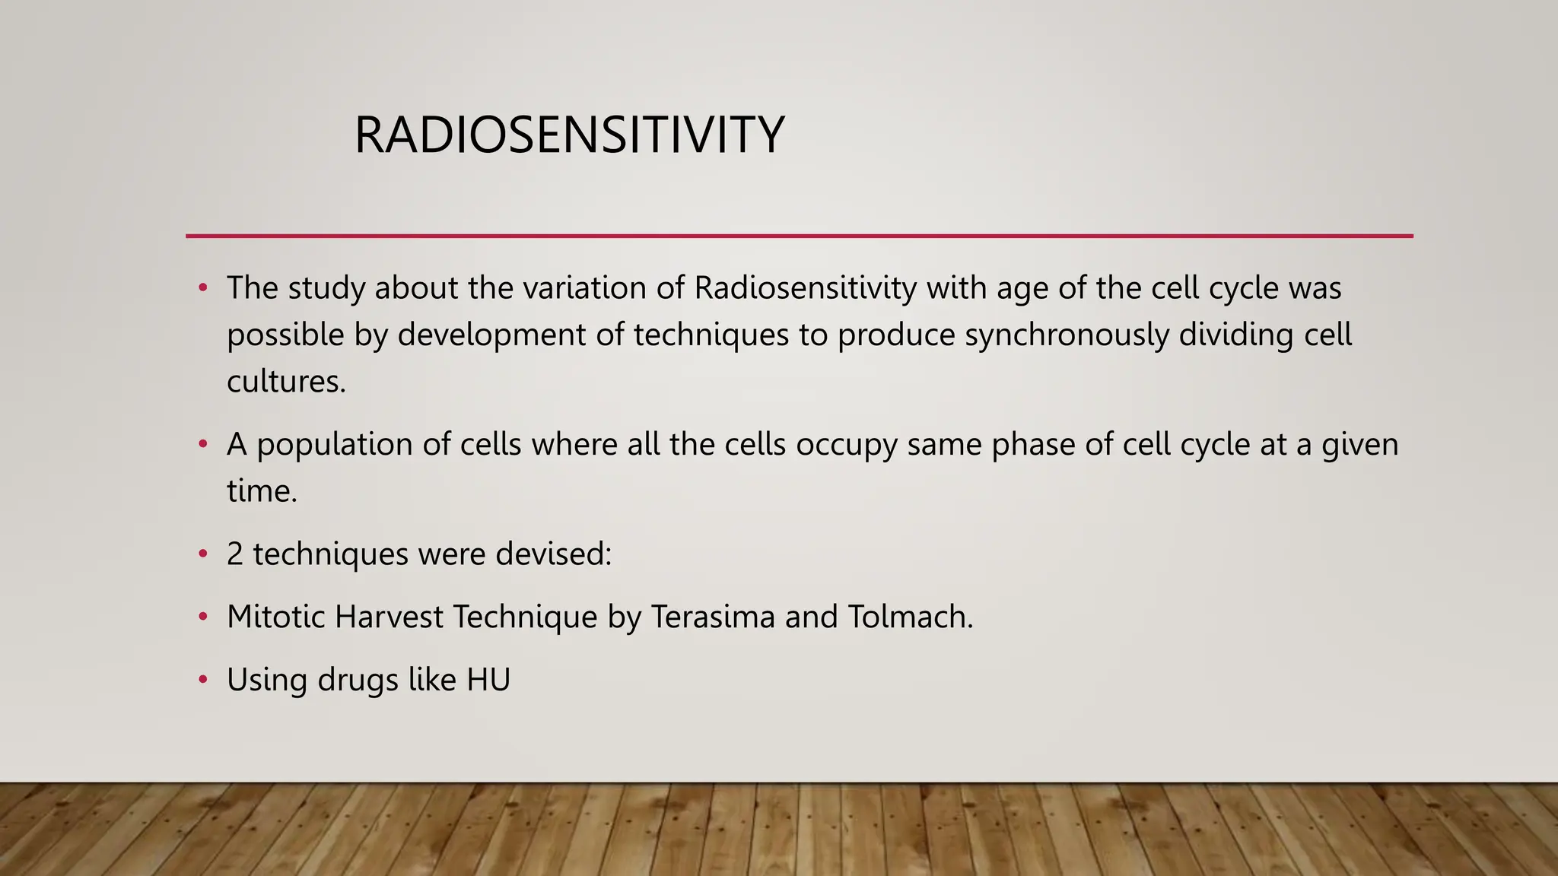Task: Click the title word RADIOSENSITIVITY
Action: pyautogui.click(x=568, y=135)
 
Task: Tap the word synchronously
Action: pyautogui.click(x=1067, y=335)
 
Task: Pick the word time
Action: pyautogui.click(x=261, y=491)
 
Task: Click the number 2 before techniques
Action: pyautogui.click(x=235, y=554)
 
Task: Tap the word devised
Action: pyautogui.click(x=553, y=554)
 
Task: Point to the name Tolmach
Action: pyautogui.click(x=909, y=617)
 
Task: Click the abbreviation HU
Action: pyautogui.click(x=488, y=680)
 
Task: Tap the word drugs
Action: pyautogui.click(x=358, y=680)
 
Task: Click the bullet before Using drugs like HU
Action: pyautogui.click(x=202, y=680)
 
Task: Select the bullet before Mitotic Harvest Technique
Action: pyautogui.click(x=202, y=617)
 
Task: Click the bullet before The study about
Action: pyautogui.click(x=202, y=288)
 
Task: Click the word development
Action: pyautogui.click(x=491, y=335)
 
